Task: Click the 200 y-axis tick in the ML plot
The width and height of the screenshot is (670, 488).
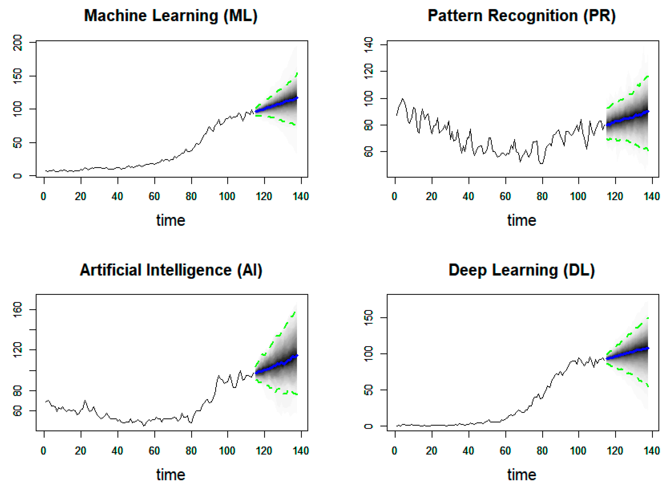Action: click(x=18, y=43)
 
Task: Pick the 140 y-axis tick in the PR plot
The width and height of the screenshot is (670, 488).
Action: click(x=369, y=45)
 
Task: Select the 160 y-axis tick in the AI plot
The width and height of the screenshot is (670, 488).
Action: click(x=18, y=309)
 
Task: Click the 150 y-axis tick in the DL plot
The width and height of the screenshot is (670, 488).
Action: click(x=369, y=318)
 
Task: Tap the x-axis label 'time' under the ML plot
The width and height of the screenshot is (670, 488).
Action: click(x=171, y=220)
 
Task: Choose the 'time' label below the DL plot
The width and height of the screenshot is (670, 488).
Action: click(x=522, y=475)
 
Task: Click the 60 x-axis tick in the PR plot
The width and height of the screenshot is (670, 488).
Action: click(x=505, y=196)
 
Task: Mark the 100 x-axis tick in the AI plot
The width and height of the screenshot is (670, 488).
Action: click(x=227, y=451)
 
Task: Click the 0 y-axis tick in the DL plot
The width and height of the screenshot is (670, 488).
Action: click(x=369, y=426)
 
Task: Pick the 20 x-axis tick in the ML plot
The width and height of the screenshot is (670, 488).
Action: click(x=80, y=196)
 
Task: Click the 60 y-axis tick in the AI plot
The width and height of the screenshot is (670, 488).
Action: click(x=18, y=411)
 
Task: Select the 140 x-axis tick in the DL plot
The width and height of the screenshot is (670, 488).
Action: click(x=652, y=451)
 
